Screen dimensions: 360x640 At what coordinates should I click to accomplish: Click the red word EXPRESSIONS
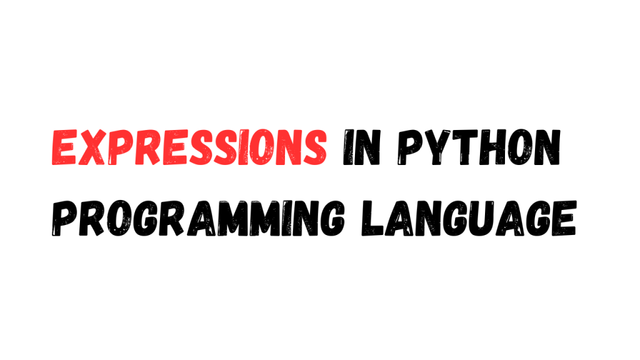(x=188, y=149)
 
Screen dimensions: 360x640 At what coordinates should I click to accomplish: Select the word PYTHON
(x=478, y=149)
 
